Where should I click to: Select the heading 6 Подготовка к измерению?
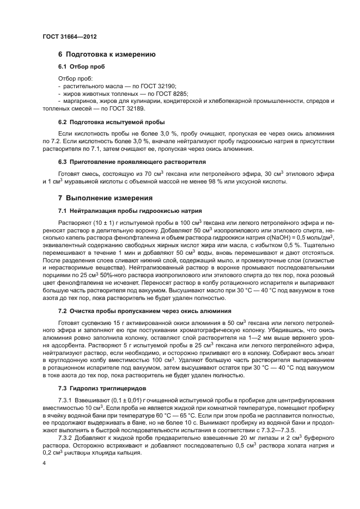pos(107,54)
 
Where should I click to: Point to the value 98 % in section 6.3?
pos(209,181)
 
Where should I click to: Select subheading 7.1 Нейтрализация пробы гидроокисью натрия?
pos(130,210)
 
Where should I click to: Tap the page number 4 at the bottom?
pos(44,463)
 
